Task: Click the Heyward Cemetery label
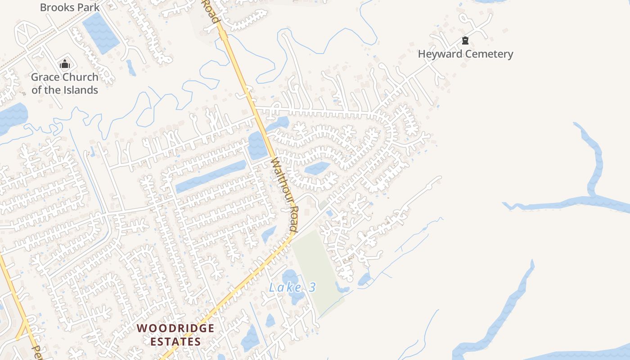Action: (465, 54)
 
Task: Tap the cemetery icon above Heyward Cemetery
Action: (465, 41)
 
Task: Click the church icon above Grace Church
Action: (65, 64)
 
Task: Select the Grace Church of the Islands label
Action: (65, 83)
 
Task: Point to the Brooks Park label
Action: (70, 7)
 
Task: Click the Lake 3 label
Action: (292, 287)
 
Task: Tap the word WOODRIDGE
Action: (175, 328)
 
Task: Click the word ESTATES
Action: (175, 342)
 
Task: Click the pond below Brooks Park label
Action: (100, 32)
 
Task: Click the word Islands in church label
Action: (79, 90)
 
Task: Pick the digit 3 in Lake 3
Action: (312, 287)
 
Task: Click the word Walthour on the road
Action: (279, 180)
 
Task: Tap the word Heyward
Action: (440, 54)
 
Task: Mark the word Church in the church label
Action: (81, 77)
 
